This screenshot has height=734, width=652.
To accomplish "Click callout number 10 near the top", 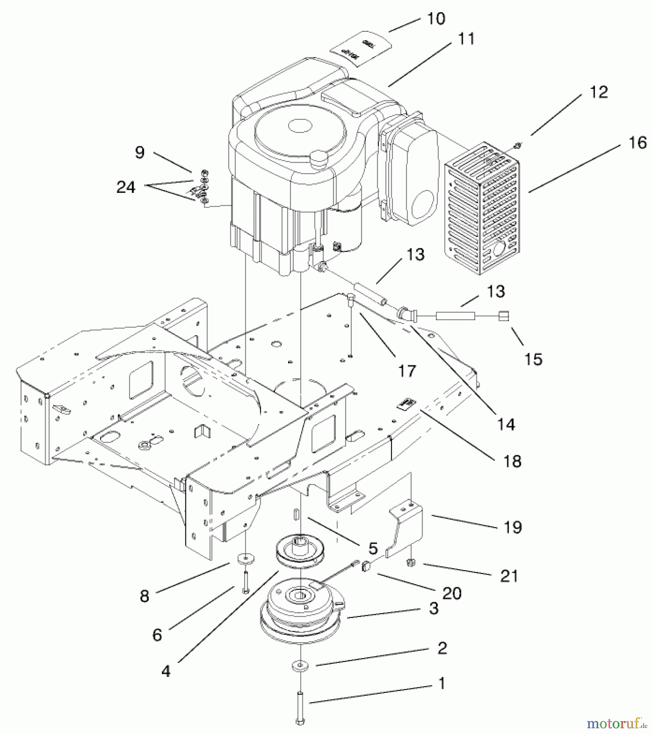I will pyautogui.click(x=436, y=19).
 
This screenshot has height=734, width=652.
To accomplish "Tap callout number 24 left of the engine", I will pyautogui.click(x=126, y=187).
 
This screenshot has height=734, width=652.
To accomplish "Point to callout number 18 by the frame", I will pyautogui.click(x=513, y=461).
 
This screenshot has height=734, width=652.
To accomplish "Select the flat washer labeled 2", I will pyautogui.click(x=300, y=666).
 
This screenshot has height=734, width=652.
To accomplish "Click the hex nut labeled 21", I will pyautogui.click(x=411, y=563).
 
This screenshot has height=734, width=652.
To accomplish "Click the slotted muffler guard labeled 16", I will pyautogui.click(x=481, y=208).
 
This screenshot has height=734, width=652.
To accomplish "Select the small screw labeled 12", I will pyautogui.click(x=516, y=145).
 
